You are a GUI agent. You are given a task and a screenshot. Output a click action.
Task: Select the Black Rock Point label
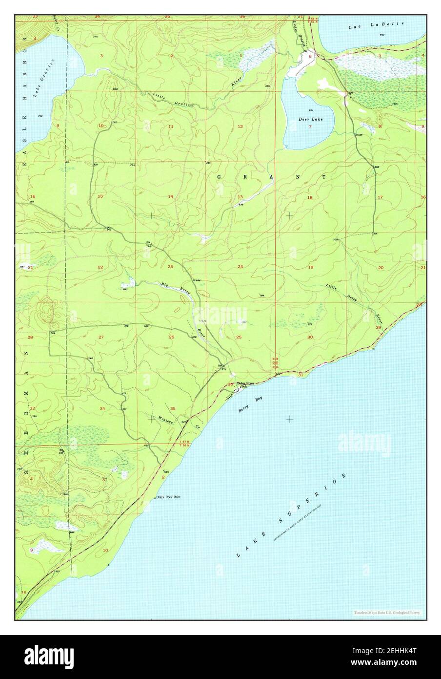click(169, 497)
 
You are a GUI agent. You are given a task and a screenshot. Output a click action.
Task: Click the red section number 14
click(171, 196)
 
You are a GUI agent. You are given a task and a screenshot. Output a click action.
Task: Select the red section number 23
click(170, 267)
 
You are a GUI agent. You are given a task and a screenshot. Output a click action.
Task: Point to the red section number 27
click(101, 338)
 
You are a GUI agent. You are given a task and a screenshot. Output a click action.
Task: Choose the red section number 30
click(310, 338)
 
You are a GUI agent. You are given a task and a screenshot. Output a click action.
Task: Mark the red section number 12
click(240, 127)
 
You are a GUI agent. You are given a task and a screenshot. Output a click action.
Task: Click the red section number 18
click(309, 197)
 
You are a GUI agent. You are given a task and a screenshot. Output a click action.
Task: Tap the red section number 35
click(173, 408)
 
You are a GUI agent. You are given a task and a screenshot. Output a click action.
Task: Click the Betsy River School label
click(245, 384)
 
